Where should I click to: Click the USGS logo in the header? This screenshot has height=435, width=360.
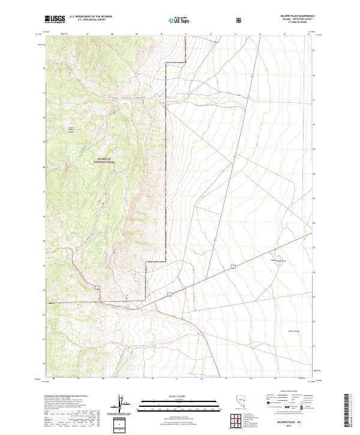55,19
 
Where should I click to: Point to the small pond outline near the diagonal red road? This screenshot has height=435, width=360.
277,260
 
